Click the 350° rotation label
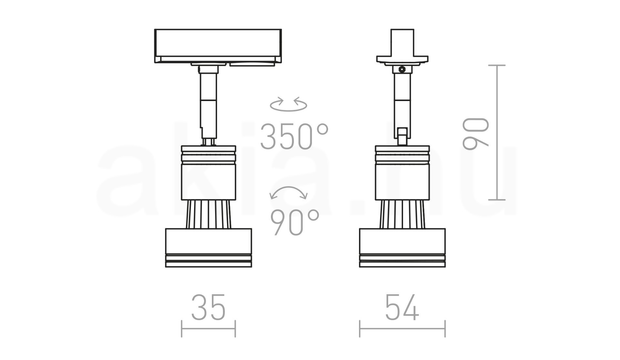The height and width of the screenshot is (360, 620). (294, 137)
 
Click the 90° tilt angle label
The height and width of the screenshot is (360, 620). (294, 222)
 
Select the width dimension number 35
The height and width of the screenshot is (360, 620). (208, 307)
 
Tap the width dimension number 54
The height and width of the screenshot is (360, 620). (402, 307)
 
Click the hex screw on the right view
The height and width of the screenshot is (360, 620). (402, 69)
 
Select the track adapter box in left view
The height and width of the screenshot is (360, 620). (218, 46)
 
